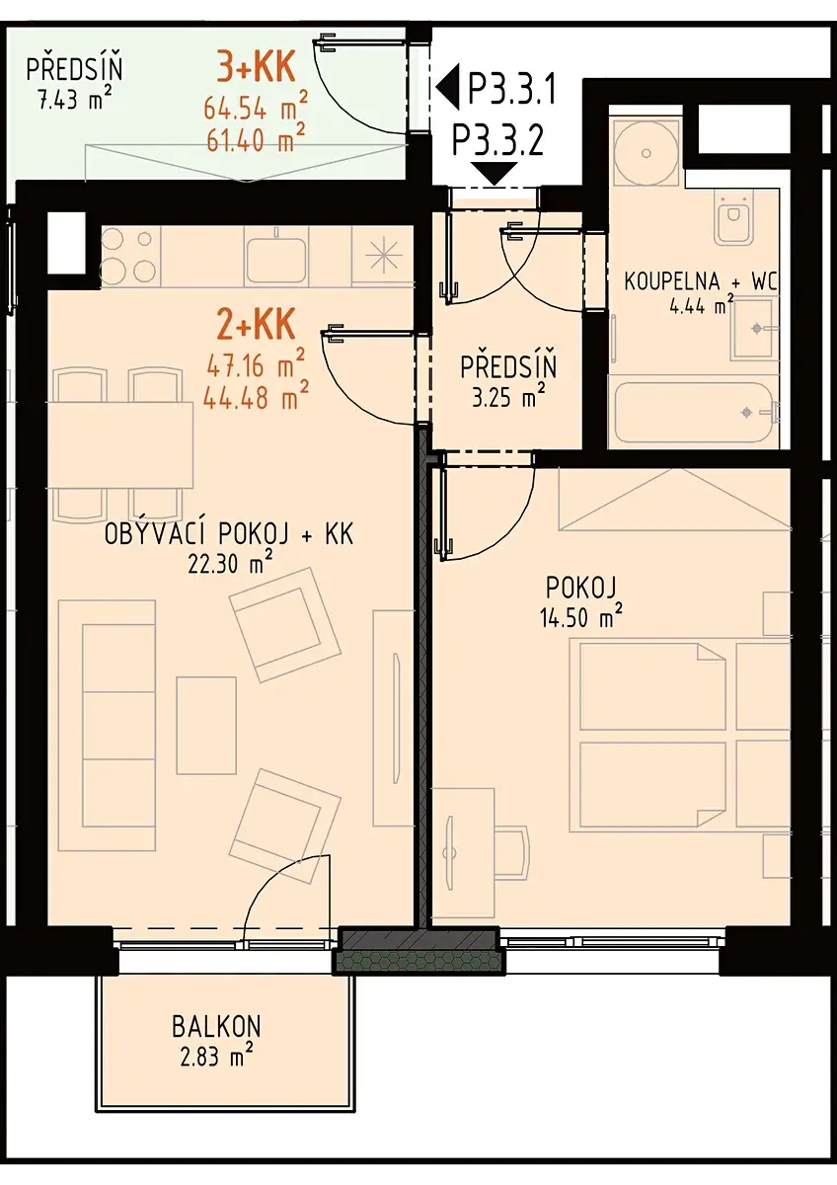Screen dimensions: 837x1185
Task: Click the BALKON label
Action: [x=216, y=1027]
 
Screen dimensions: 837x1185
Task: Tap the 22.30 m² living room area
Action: [x=230, y=565]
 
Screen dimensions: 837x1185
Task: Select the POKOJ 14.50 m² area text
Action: [x=581, y=617]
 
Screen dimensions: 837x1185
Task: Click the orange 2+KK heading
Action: [x=256, y=324]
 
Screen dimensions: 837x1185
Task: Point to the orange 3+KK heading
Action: [x=255, y=67]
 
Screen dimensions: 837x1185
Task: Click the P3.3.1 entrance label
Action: [x=512, y=90]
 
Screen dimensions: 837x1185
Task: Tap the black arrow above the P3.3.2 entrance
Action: [x=495, y=174]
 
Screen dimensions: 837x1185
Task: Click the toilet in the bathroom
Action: [x=733, y=218]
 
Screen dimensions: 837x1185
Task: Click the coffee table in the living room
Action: [x=206, y=725]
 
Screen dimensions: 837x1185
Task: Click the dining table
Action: [x=120, y=444]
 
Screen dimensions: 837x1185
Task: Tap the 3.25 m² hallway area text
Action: [x=508, y=397]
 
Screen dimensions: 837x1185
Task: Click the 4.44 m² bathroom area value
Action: [x=702, y=307]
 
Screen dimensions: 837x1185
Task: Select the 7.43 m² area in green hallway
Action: [x=75, y=100]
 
